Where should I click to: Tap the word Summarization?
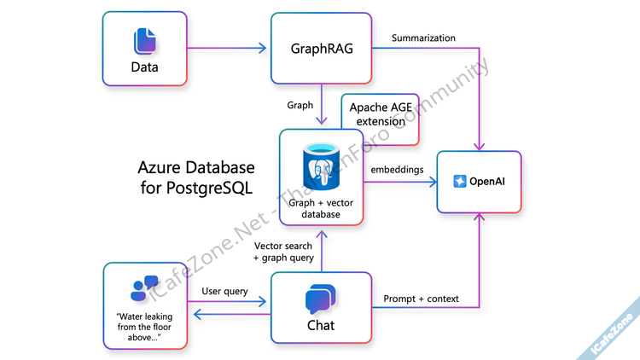tap(423, 38)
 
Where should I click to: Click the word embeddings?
tap(398, 170)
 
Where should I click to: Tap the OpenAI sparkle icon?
tap(460, 182)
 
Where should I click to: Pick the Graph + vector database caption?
tap(322, 209)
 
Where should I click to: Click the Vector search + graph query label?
tap(284, 252)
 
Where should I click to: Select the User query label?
tap(224, 291)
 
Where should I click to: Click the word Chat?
tap(321, 325)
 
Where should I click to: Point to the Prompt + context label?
tap(422, 299)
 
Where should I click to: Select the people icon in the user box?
tap(144, 287)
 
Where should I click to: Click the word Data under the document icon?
tap(145, 67)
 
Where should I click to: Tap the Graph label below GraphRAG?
tap(300, 105)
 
